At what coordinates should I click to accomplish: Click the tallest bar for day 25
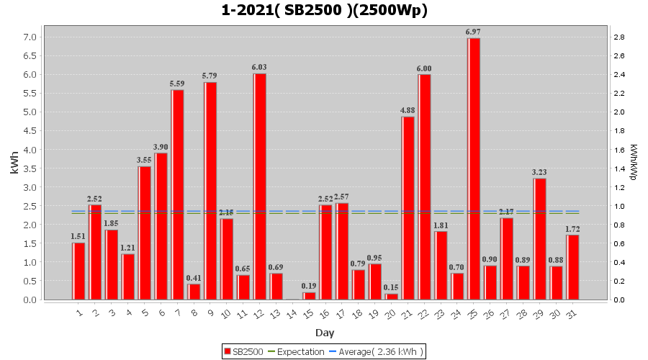point(473,168)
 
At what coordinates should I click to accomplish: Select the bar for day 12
point(259,186)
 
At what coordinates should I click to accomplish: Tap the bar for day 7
point(177,194)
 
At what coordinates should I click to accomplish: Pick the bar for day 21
point(408,208)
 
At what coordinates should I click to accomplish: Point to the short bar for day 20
point(391,297)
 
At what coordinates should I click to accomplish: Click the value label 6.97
point(473,32)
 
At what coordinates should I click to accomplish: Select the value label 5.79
point(210,76)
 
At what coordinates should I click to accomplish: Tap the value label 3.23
point(539,172)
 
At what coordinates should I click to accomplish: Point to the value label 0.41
point(194,278)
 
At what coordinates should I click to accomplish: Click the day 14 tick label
point(292,314)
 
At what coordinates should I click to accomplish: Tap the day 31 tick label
point(572,314)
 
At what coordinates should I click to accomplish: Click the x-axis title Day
point(324,333)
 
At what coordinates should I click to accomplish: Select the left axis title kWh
point(14,168)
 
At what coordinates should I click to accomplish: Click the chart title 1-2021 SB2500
point(324,10)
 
